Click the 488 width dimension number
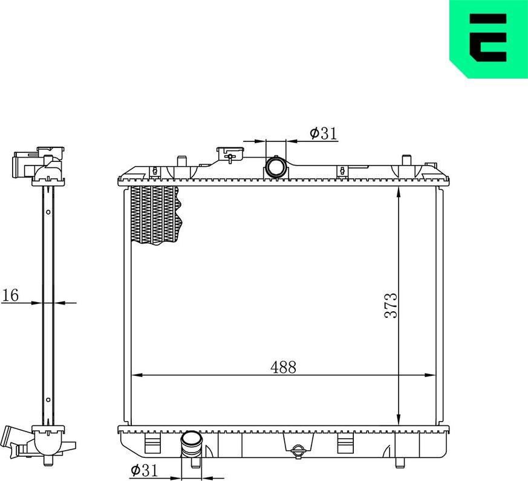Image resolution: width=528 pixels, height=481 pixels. point(283,367)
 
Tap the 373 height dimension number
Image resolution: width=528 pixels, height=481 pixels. point(391,305)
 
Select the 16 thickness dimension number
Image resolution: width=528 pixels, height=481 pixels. point(10,295)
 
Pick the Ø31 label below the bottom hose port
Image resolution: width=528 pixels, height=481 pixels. point(144,470)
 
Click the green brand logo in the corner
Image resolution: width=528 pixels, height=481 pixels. point(489,39)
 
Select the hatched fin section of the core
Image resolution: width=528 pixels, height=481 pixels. point(155,215)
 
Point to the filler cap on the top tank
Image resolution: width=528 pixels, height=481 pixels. point(230,153)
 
